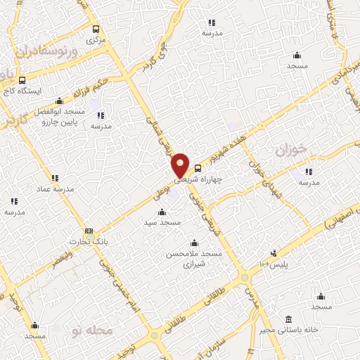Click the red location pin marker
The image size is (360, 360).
[x=181, y=164]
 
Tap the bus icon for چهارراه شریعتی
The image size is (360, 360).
[x=198, y=168]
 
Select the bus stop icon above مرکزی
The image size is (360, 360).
[x=96, y=30]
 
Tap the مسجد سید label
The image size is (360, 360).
[x=162, y=222]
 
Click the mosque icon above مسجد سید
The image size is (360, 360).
[x=162, y=212]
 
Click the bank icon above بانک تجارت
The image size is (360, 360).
[x=89, y=231]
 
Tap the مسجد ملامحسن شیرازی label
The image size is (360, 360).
[x=193, y=259]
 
